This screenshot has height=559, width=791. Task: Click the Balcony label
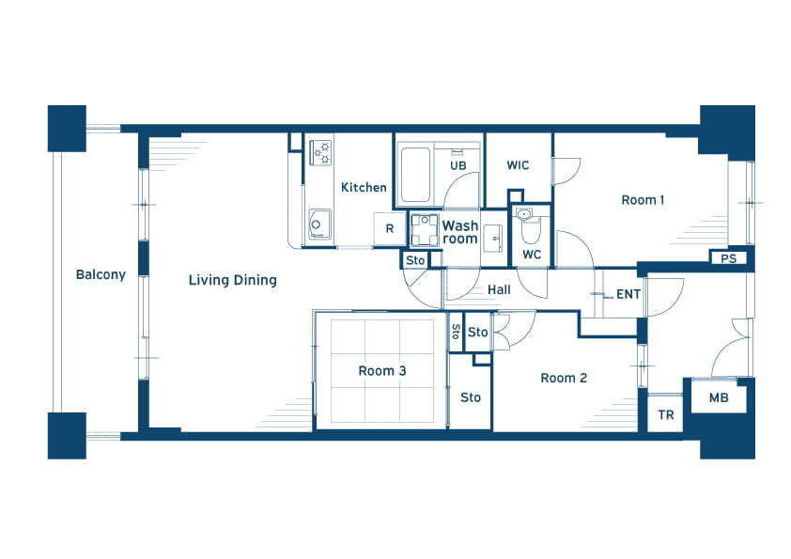coord(101,275)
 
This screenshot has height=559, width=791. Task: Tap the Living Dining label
coord(233,281)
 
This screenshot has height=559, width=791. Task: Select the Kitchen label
coord(364,187)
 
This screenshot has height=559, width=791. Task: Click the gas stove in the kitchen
coord(321,153)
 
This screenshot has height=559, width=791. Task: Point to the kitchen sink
coord(319,225)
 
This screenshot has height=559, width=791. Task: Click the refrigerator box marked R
coord(390,229)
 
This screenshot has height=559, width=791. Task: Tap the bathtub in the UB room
coord(414,175)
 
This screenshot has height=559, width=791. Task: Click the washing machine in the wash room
coord(425,230)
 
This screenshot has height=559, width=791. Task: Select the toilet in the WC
coord(530,227)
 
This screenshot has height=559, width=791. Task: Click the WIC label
coord(518,165)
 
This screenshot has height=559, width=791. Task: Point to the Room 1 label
coord(643,200)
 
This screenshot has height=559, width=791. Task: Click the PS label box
coord(728,258)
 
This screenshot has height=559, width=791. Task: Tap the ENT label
coord(628,294)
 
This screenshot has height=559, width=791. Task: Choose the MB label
coord(719,398)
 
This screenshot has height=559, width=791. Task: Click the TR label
coord(666,414)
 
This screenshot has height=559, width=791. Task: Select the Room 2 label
coord(564,378)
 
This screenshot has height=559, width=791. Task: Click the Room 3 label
coord(382,371)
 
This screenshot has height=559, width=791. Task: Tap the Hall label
coord(499,289)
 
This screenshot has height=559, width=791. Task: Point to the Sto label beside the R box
coord(415,260)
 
